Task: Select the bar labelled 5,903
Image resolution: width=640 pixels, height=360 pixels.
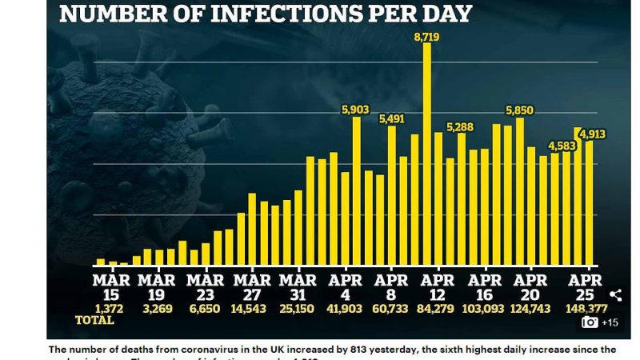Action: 356,192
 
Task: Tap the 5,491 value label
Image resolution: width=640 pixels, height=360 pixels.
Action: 392,118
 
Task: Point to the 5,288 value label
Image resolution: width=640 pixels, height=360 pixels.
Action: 460,126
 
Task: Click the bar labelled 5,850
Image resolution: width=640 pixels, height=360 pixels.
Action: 520,192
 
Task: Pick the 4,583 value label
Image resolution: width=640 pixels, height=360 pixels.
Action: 562,146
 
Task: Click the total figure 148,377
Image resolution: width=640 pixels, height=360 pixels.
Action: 582,309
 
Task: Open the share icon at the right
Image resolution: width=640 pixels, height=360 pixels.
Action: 615,295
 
